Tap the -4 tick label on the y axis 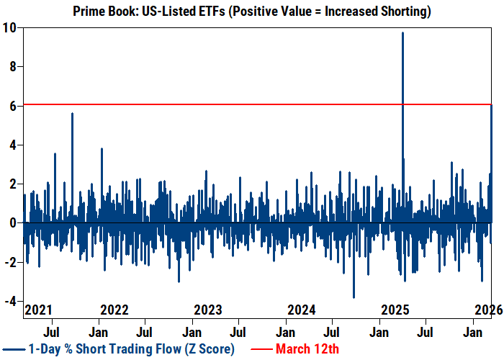coord(9,302)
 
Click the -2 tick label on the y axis coord(9,262)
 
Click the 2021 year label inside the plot coord(39,310)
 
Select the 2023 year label coord(208,310)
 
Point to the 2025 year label coord(395,310)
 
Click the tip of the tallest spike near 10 coord(402,33)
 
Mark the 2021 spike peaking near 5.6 coord(72,113)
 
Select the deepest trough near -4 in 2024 coord(354,297)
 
